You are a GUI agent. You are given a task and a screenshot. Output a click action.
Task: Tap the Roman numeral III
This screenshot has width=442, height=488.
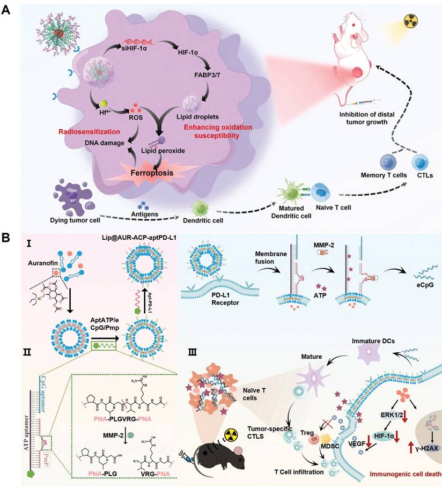tap(193, 354)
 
